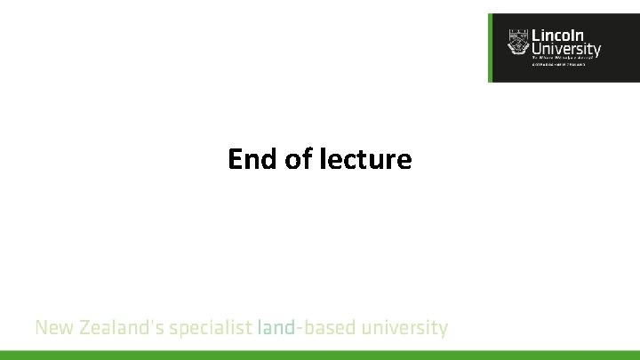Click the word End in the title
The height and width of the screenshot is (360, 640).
point(249,159)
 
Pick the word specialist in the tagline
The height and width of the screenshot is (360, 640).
point(211,329)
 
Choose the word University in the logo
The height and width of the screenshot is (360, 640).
point(565,50)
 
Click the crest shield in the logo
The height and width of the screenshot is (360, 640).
point(517,43)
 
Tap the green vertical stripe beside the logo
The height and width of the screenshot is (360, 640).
point(490,48)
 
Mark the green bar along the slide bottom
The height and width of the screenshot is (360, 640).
point(320,355)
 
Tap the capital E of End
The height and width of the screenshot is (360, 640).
point(235,159)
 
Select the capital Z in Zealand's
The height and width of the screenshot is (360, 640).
point(86,328)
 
